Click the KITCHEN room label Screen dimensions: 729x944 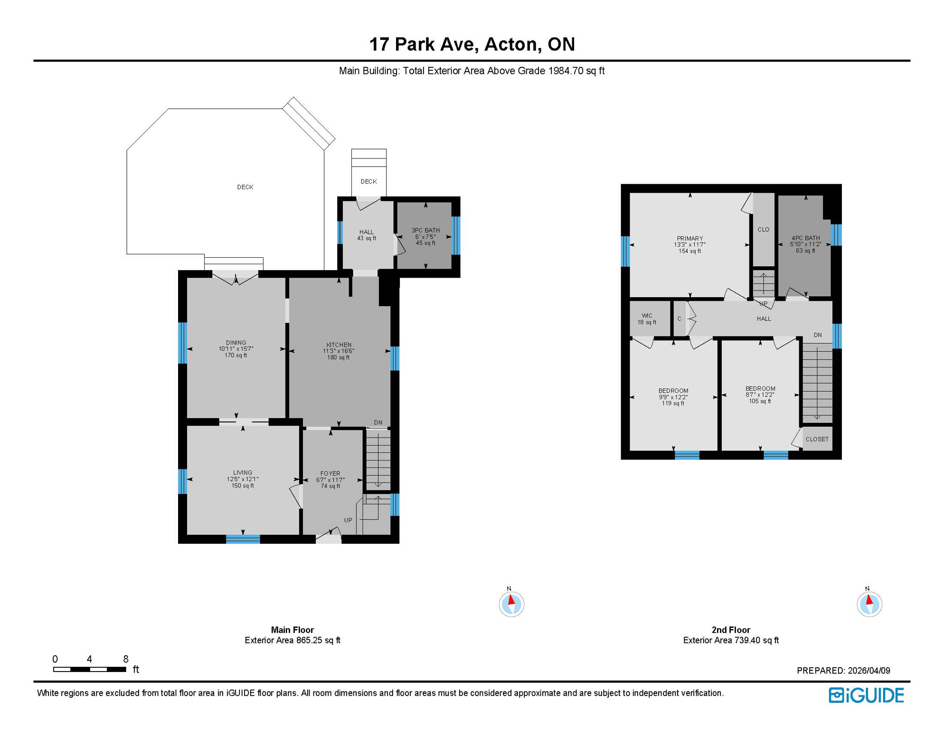click(x=339, y=345)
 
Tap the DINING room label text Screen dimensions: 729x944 click(x=236, y=343)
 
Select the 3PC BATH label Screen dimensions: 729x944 click(x=425, y=231)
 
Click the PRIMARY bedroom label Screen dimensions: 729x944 click(x=690, y=239)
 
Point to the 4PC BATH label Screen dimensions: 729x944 click(x=805, y=238)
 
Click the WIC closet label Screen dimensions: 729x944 click(x=647, y=316)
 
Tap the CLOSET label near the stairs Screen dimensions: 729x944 click(x=817, y=439)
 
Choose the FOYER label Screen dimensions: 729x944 click(x=330, y=474)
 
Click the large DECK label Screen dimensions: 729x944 click(x=245, y=187)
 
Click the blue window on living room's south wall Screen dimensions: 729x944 click(x=243, y=539)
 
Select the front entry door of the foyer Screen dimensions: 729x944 click(x=329, y=538)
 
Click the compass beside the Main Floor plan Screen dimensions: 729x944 click(x=511, y=604)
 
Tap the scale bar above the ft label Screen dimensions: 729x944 click(x=90, y=670)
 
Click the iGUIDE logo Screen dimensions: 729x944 click(x=866, y=696)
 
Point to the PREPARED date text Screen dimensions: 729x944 click(x=843, y=671)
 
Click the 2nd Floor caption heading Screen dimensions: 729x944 click(x=731, y=630)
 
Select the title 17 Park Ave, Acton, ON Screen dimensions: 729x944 click(x=472, y=44)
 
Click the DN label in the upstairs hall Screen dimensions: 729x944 click(x=818, y=335)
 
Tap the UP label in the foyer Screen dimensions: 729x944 click(x=348, y=521)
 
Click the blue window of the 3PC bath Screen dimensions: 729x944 click(x=456, y=235)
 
